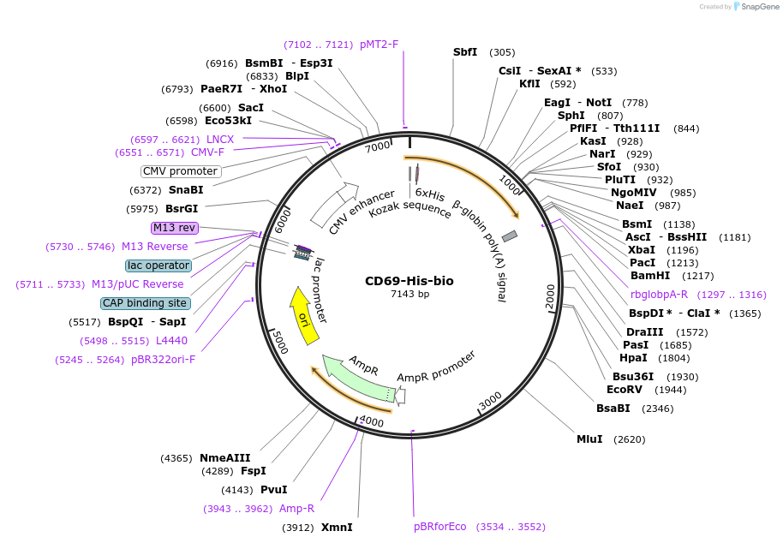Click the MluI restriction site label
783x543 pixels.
pyautogui.click(x=589, y=439)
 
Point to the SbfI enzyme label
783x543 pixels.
pyautogui.click(x=465, y=52)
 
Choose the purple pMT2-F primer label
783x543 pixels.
pyautogui.click(x=379, y=45)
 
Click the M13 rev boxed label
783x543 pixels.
pyautogui.click(x=175, y=228)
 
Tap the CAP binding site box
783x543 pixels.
pyautogui.click(x=145, y=303)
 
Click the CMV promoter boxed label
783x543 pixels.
pyautogui.click(x=181, y=171)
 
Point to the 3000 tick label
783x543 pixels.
pyautogui.click(x=490, y=400)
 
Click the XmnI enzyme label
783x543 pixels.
pyautogui.click(x=337, y=528)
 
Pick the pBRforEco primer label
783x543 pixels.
pyautogui.click(x=440, y=527)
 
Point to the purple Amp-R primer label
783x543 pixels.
pyautogui.click(x=296, y=509)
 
